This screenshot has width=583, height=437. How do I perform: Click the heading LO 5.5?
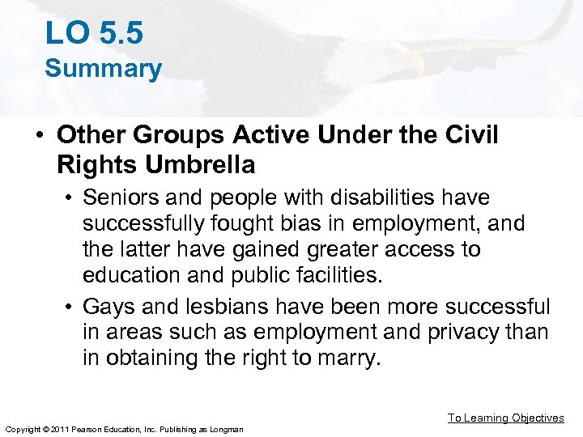pos(94,33)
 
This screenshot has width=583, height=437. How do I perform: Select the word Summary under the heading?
pos(103,70)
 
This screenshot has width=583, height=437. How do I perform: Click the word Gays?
pos(110,308)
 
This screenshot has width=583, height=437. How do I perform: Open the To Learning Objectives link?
pos(505,418)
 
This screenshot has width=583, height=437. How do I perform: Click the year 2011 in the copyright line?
pos(54,428)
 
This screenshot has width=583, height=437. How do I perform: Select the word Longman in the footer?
pos(226,428)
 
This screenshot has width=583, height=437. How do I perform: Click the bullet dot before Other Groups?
pos(39,136)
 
